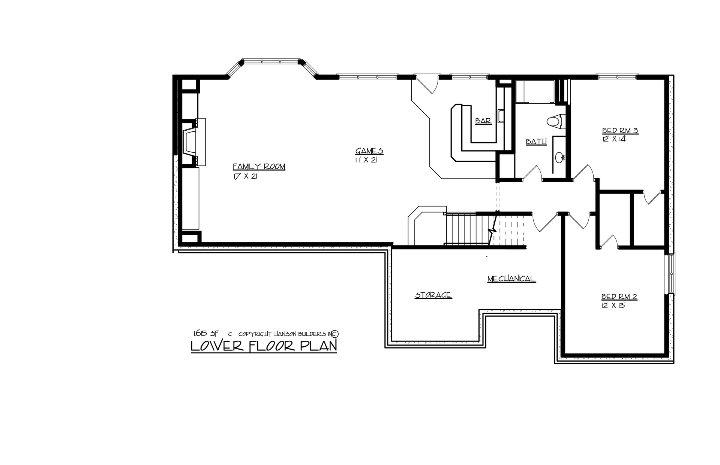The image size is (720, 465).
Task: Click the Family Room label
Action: tap(259, 167)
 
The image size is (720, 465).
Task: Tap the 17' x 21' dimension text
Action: tap(245, 177)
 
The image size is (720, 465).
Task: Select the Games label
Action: tap(369, 151)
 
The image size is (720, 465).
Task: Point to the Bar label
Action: tap(483, 121)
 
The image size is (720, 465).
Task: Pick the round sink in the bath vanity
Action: tap(560, 157)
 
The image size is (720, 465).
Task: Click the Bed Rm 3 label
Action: tap(620, 131)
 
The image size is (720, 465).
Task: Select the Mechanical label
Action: tap(511, 279)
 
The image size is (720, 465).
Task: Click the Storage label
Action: tap(433, 295)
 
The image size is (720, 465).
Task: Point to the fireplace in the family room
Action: tap(189, 142)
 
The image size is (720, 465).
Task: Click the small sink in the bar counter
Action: tap(501, 116)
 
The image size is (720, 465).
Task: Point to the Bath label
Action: tap(536, 142)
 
